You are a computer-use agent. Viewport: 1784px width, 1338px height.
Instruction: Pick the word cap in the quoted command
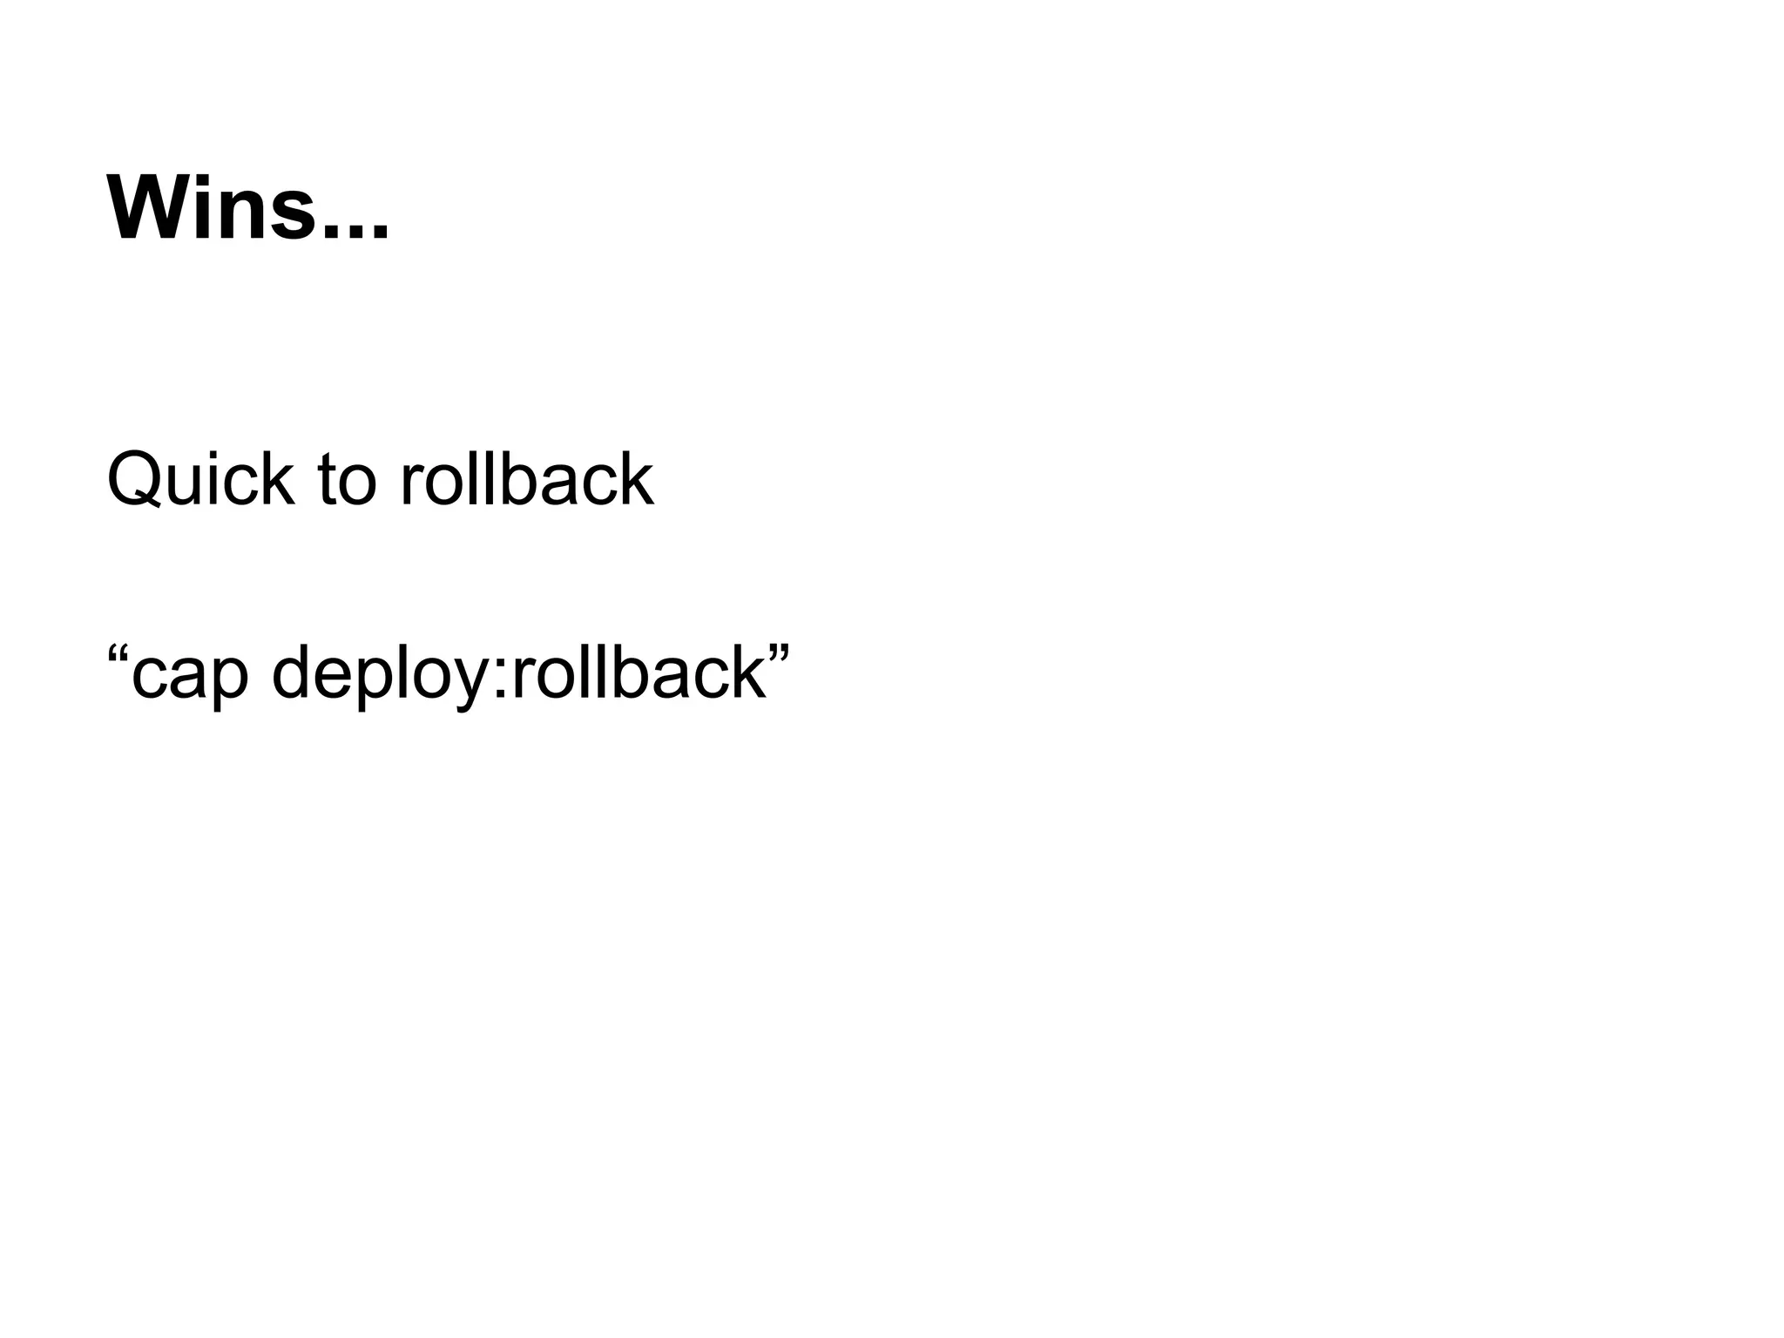click(x=190, y=675)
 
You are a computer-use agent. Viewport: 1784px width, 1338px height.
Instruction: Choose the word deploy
click(x=384, y=675)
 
